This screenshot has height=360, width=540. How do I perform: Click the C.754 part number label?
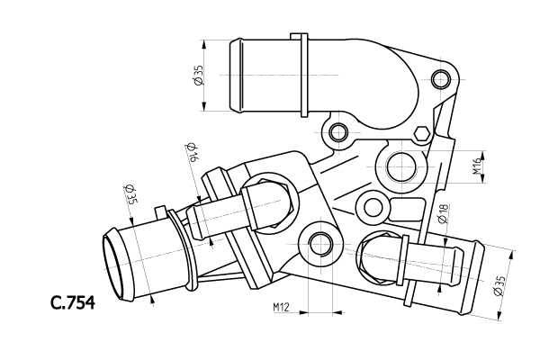click(72, 301)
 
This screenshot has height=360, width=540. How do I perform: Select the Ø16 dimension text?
click(192, 150)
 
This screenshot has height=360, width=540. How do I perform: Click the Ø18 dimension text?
click(443, 212)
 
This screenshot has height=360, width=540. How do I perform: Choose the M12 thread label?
click(279, 309)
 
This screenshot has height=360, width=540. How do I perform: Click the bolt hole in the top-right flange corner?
click(440, 81)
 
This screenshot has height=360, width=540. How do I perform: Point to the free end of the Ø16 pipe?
click(199, 222)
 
